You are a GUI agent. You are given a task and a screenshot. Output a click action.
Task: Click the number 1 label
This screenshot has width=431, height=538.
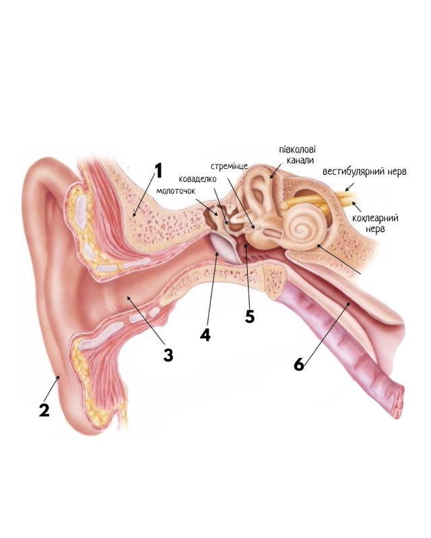click(x=159, y=171)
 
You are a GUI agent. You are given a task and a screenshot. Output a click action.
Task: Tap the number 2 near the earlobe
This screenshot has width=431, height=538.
click(x=44, y=409)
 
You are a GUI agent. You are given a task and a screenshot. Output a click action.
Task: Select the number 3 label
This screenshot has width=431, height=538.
click(x=168, y=354)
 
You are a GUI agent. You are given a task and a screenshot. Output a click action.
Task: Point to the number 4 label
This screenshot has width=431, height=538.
click(x=205, y=334)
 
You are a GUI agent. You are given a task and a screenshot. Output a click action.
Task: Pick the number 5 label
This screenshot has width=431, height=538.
click(x=250, y=316)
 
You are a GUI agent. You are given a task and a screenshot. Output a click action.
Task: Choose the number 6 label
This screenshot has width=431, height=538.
click(x=299, y=364)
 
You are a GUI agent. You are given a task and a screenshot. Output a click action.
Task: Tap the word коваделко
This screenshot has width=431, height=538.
click(x=198, y=179)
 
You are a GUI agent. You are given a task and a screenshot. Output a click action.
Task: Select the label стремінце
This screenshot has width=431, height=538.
click(x=230, y=166)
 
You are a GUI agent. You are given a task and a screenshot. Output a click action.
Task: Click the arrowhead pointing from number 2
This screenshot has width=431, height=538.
click(x=60, y=378)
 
